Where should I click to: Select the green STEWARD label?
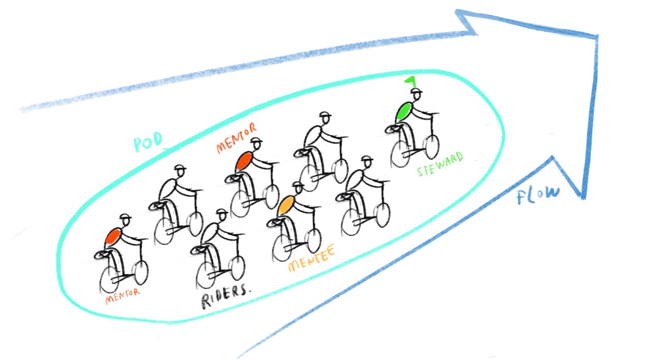click(440, 165)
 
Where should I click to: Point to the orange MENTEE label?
click(311, 260)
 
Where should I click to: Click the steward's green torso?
click(405, 111)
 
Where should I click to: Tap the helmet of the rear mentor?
click(126, 218)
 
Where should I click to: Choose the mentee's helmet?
click(298, 186)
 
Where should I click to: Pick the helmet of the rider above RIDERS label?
click(222, 212)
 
